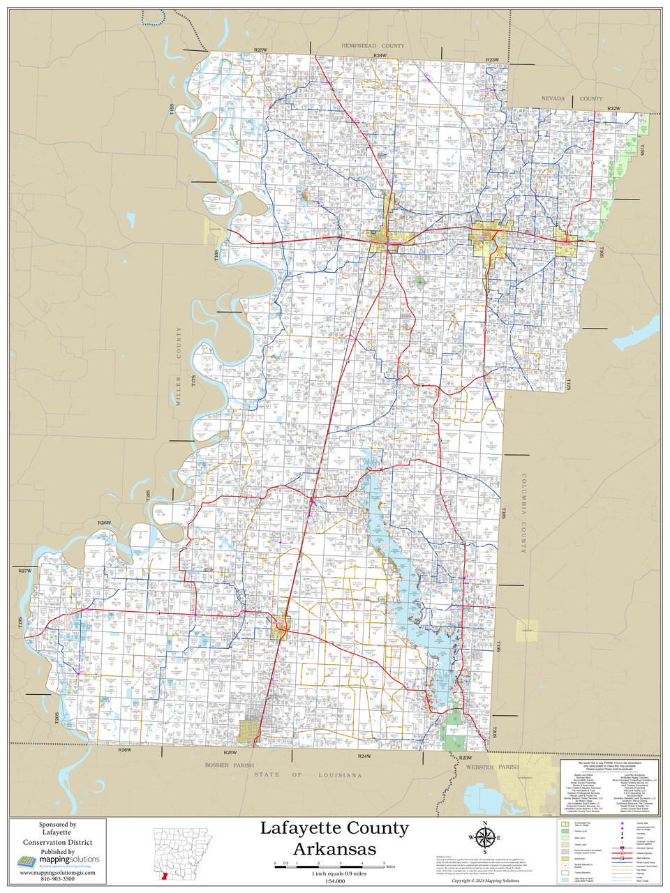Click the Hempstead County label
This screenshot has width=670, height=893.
373,45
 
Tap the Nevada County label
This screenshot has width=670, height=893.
572,99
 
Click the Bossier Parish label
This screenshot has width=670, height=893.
230,765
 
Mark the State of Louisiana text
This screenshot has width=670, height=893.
308,775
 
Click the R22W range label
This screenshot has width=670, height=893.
613,109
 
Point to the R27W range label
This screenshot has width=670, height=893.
24,571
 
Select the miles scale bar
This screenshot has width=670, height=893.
328,865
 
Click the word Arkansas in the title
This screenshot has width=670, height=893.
334,848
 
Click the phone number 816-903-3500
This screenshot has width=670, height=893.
57,879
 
